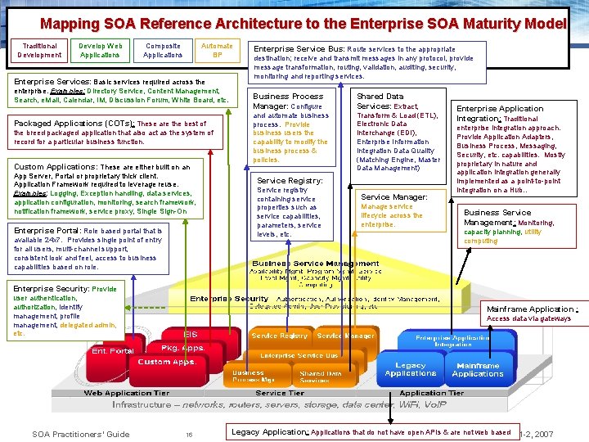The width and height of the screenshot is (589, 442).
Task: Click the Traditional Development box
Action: coord(39,51)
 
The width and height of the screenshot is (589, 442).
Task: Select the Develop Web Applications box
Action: coord(101,51)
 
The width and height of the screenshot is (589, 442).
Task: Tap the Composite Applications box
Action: coord(163,51)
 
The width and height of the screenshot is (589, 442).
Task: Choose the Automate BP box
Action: coord(217,51)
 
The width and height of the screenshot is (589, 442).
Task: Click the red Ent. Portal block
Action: coord(112,351)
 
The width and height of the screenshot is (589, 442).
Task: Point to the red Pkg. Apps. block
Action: coord(182,348)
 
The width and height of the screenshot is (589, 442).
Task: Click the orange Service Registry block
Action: coord(280,336)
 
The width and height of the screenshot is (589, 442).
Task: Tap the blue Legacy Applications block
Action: coord(410,370)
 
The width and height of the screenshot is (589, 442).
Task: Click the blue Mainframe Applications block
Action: coord(478,370)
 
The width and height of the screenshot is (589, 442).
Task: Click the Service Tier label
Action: coord(280,393)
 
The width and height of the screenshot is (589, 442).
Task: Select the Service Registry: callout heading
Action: coord(290,180)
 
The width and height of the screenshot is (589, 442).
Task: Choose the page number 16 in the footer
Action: coord(188,434)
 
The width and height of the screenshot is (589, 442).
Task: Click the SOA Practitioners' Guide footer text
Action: coord(80,434)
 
